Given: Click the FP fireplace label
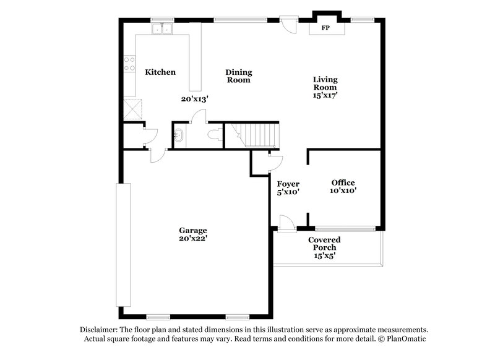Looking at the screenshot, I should [x=325, y=28].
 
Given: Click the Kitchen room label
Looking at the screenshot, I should [x=160, y=72].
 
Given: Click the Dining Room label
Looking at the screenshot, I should [x=238, y=76].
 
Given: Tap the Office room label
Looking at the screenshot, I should [x=343, y=182].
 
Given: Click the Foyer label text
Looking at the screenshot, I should [x=288, y=184].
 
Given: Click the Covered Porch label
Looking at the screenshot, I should [x=325, y=243].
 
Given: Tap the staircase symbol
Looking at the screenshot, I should [x=255, y=134].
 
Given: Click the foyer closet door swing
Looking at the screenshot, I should [x=273, y=161].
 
